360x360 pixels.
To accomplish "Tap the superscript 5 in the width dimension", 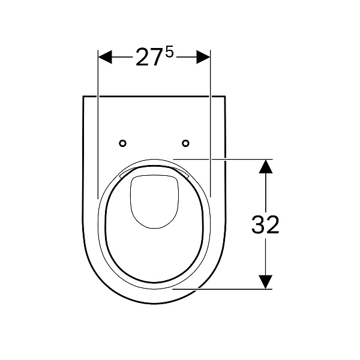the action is click(169, 53).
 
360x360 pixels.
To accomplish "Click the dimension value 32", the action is click(265, 225).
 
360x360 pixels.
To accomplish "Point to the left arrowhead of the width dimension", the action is click(105, 57).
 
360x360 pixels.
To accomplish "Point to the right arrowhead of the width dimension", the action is click(203, 57).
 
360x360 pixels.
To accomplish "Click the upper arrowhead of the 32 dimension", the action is click(266, 166).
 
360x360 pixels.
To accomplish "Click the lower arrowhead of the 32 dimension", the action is click(266, 282).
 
